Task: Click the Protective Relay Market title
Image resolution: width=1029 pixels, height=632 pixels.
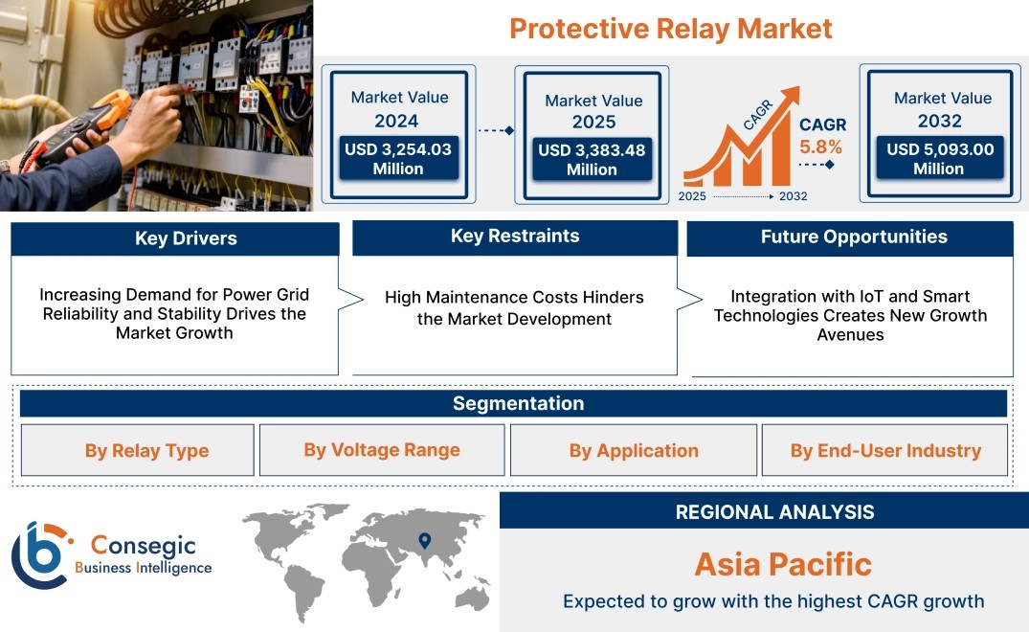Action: [x=671, y=29]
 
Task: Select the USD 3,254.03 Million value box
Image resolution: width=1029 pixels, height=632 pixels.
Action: [x=398, y=159]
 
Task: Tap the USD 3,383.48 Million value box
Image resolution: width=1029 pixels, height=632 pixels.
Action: [x=592, y=160]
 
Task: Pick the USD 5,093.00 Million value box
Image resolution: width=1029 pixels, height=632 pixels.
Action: [x=940, y=158]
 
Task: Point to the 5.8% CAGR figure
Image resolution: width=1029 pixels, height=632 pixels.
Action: [x=820, y=147]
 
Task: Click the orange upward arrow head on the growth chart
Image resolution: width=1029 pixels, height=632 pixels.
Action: [x=790, y=96]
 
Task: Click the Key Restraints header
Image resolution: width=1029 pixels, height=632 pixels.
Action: [x=515, y=237]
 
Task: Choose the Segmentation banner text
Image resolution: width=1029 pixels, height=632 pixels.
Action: [x=519, y=403]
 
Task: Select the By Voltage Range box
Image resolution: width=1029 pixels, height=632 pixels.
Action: [x=382, y=450]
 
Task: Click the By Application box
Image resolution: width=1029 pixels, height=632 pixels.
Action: [x=634, y=450]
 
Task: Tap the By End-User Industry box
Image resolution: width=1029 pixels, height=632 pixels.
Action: [x=884, y=450]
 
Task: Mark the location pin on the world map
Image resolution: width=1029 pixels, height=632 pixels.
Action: [x=425, y=540]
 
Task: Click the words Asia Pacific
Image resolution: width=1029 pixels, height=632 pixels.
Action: [x=783, y=564]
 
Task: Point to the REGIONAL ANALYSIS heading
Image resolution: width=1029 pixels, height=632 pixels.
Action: [x=775, y=512]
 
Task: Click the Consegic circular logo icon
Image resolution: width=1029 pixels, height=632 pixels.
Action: [x=39, y=555]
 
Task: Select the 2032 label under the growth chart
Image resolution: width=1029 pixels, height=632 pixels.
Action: [x=793, y=196]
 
